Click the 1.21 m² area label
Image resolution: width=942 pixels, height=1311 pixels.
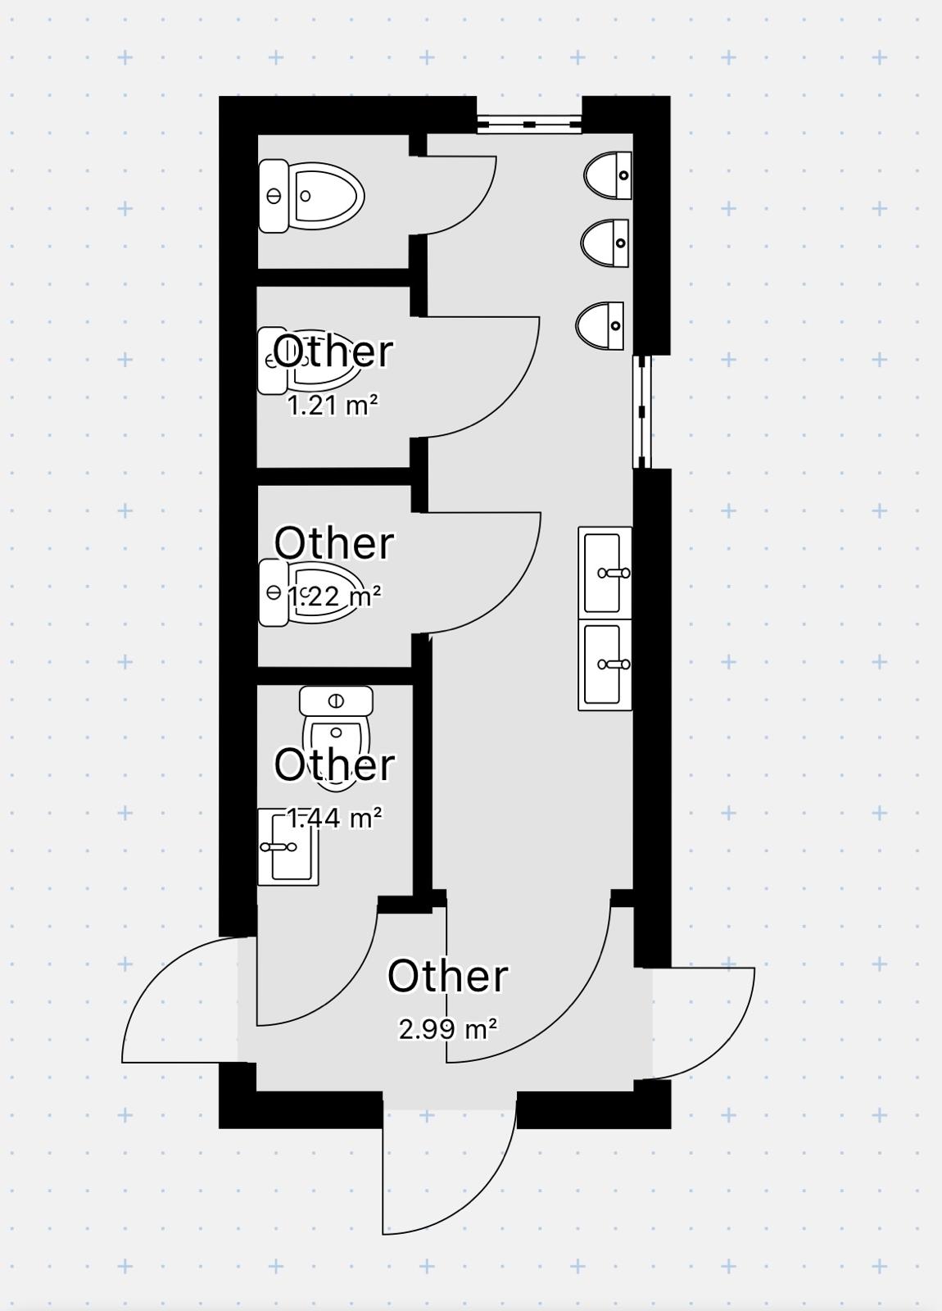pos(333,405)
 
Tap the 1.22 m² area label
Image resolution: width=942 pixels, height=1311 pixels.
pos(334,597)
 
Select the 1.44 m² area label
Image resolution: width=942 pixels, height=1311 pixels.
pos(334,818)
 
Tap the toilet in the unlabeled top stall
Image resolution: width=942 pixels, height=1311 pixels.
pos(311,196)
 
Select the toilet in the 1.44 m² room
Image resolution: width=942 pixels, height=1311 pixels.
pos(336,738)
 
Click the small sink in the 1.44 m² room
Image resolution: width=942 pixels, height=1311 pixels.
pos(288,847)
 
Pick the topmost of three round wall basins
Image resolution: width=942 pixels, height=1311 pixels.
pos(608,175)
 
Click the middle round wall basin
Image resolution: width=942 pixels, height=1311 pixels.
pos(605,243)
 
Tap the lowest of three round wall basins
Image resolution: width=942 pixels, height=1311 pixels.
pos(600,326)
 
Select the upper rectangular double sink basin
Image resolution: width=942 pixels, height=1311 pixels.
pos(605,573)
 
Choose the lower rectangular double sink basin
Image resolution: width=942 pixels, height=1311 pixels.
pos(605,665)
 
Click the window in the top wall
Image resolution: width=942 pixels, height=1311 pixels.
pos(529,124)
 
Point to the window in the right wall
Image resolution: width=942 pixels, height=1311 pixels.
pos(642,412)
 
